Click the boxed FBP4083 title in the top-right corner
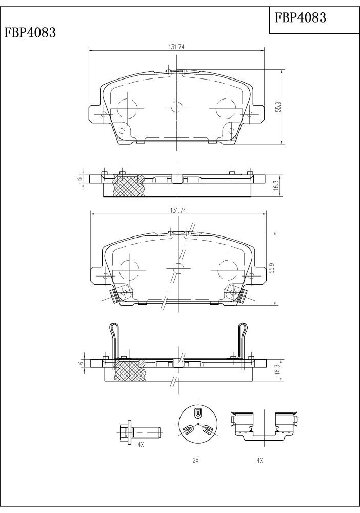[x=300, y=17]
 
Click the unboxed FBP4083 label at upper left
[x=30, y=33]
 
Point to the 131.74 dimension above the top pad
[x=176, y=47]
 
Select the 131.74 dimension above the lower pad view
[x=178, y=210]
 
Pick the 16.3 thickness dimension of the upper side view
[x=276, y=185]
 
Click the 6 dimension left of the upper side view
[x=78, y=179]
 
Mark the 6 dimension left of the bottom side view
[x=79, y=364]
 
